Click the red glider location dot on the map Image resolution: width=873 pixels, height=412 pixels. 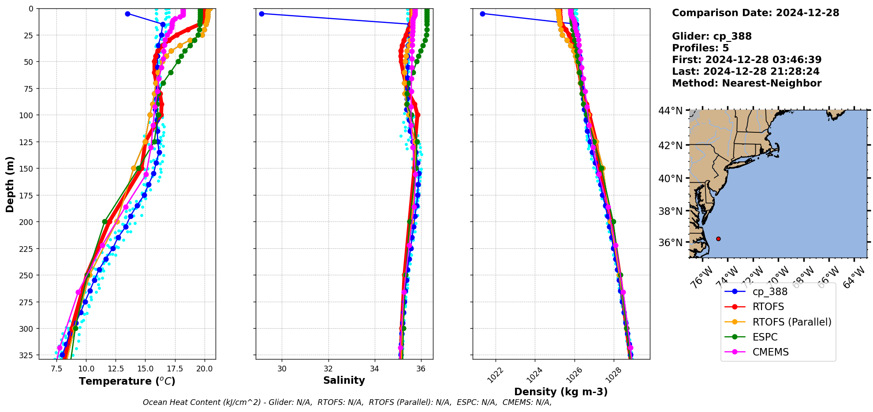718,239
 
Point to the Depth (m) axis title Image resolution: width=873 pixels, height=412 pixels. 10,184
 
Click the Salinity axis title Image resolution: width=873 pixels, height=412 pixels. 344,380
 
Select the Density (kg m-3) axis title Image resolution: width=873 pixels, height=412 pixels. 561,392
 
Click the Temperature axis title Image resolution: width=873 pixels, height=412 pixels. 127,381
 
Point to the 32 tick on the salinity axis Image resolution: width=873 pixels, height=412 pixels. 328,369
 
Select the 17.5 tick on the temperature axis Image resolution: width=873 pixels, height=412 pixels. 175,369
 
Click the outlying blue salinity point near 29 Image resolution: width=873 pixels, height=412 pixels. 261,14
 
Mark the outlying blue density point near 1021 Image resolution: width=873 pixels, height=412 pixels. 482,14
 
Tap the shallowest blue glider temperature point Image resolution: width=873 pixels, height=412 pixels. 127,14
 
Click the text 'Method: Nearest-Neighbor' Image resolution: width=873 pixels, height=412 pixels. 746,83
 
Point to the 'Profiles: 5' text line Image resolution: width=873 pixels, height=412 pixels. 700,48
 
